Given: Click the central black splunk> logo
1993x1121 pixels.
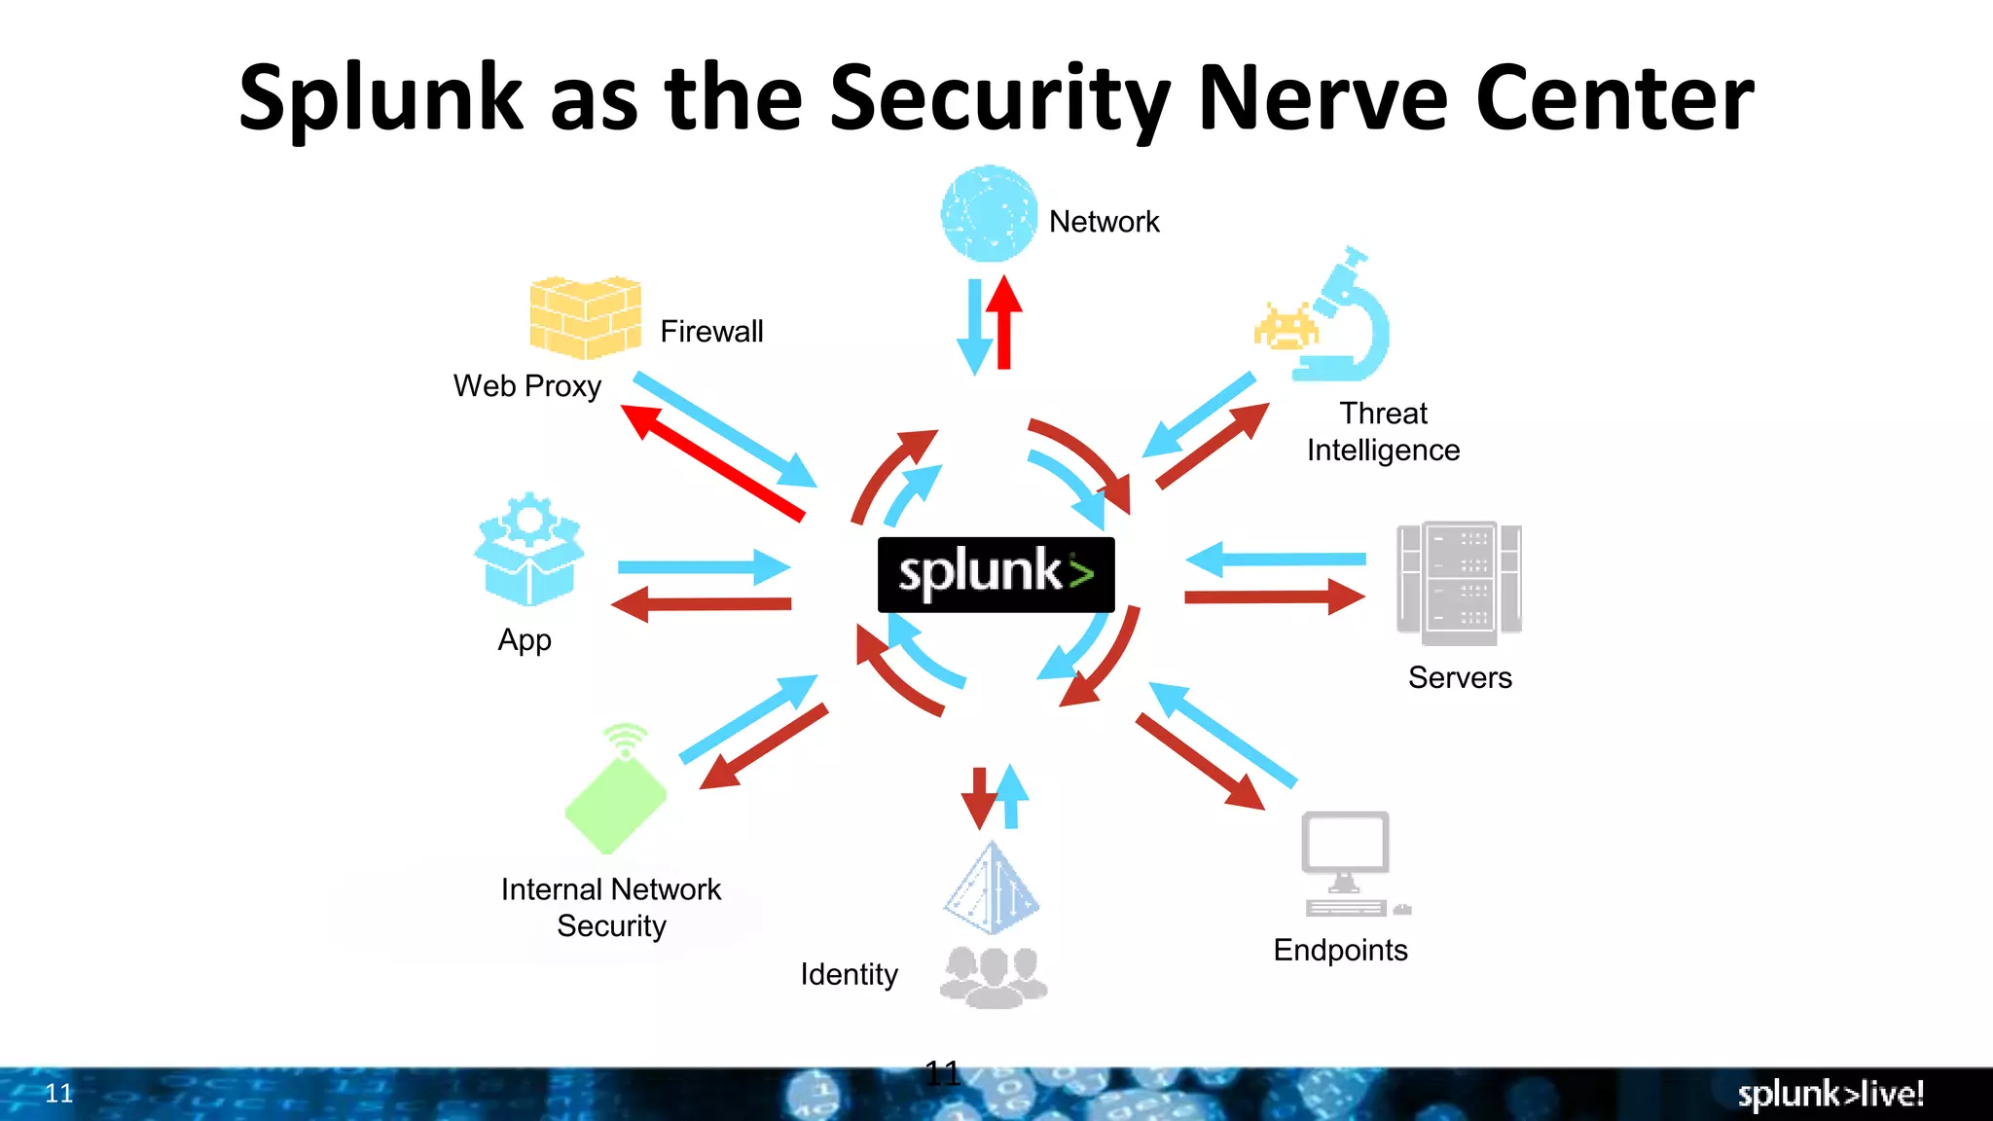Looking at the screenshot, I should (996, 574).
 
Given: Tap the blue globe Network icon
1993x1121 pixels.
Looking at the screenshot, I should (989, 214).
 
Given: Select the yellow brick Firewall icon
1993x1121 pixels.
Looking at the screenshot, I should (585, 317).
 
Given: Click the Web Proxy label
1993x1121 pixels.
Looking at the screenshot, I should (526, 386).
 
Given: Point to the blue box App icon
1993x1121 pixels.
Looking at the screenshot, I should (529, 550).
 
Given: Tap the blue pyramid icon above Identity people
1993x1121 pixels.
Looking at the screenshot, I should (991, 887).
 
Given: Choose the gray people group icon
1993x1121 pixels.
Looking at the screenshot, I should (993, 976).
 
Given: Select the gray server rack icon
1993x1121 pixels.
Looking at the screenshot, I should (1459, 582).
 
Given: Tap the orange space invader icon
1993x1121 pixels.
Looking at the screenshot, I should (1285, 328).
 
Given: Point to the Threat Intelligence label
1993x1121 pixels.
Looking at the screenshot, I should (1383, 432).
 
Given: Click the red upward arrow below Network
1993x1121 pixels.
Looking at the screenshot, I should (1004, 323).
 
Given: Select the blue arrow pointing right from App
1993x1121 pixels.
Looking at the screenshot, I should (703, 566).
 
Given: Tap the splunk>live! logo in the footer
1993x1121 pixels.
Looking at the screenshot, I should (1830, 1094).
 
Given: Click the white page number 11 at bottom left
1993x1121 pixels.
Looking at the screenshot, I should (59, 1094).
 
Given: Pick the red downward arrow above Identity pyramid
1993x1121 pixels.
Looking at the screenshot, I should (979, 797).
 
